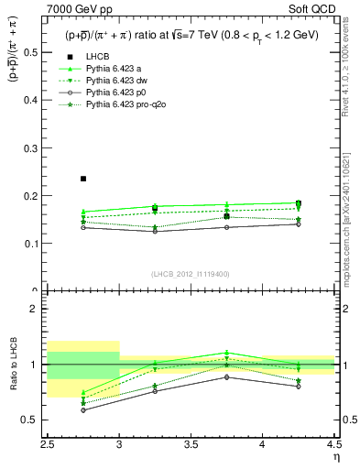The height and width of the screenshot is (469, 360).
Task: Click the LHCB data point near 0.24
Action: [x=83, y=179]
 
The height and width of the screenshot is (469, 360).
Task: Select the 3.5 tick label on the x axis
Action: [x=191, y=445]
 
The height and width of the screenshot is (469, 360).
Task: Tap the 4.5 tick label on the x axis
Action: [x=334, y=445]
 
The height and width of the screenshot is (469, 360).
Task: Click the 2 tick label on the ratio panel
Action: [x=37, y=309]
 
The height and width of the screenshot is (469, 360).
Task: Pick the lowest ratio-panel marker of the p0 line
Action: [x=83, y=409]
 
